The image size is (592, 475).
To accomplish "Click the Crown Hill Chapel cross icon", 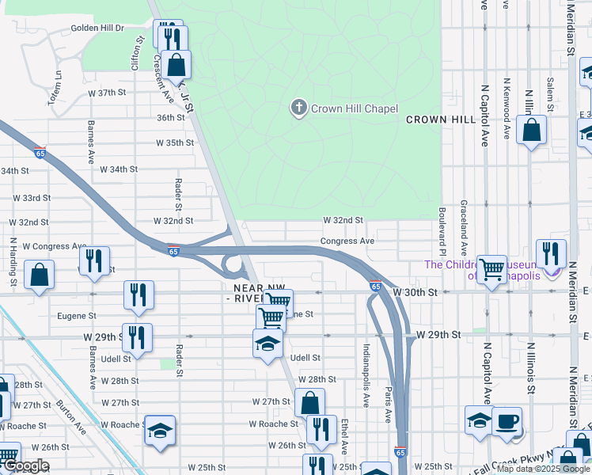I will (x=298, y=108).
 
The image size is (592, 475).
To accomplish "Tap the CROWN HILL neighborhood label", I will (x=441, y=120).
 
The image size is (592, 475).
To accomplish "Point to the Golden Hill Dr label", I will (x=98, y=28).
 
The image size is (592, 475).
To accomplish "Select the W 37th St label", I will (x=107, y=93).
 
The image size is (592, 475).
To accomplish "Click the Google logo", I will (x=25, y=465).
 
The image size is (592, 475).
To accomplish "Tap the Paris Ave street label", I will (x=389, y=404).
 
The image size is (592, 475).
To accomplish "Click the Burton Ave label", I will (x=71, y=417).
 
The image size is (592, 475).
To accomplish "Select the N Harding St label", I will (x=13, y=261).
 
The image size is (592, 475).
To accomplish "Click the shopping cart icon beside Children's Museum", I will (x=492, y=270).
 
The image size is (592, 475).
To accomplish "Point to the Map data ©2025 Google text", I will (x=543, y=469).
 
